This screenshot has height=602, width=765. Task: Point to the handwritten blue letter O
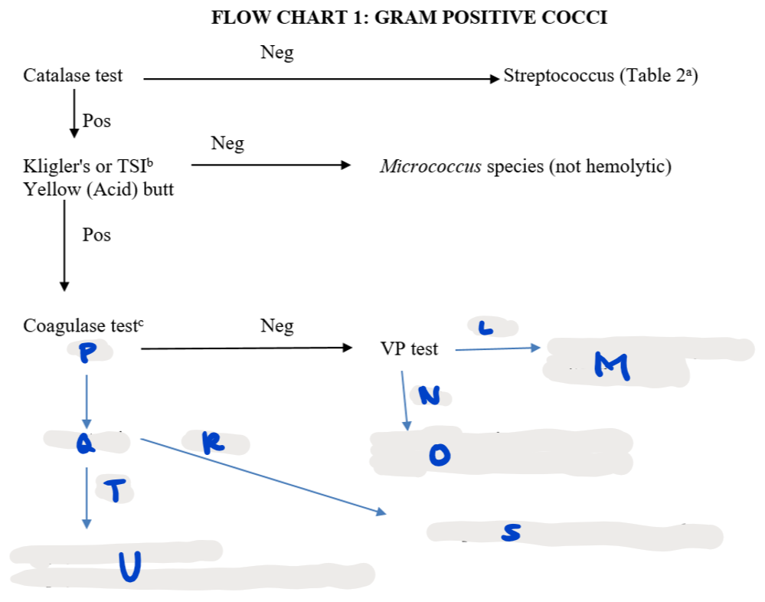click(437, 456)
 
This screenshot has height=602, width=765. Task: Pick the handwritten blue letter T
click(115, 491)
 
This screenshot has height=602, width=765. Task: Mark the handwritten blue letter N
click(430, 395)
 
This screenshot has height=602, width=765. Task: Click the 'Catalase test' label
click(73, 76)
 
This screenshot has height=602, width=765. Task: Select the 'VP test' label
click(409, 349)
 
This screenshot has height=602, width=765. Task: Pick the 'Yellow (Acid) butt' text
click(98, 188)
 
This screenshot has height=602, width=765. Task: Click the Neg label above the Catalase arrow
click(276, 53)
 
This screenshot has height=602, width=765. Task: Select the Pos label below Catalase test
click(96, 121)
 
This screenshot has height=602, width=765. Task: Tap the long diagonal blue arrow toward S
click(260, 475)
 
